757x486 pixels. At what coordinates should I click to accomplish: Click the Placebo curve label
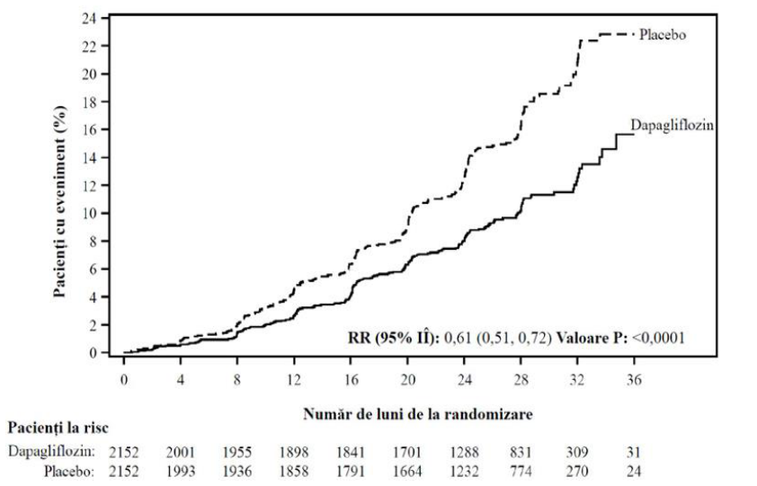click(x=663, y=35)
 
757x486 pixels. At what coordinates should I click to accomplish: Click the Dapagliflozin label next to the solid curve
click(x=672, y=126)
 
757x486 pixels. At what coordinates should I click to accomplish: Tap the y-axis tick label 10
click(x=90, y=213)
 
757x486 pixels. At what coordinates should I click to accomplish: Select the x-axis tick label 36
click(x=634, y=380)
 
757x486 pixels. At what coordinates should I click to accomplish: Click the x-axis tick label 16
click(x=351, y=380)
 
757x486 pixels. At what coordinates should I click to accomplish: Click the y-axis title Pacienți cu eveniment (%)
click(x=60, y=202)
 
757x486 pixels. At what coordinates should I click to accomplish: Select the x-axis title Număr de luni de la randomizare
click(x=418, y=414)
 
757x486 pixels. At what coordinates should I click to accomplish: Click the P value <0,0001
click(x=658, y=338)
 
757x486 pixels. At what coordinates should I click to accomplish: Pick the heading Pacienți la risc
click(x=58, y=428)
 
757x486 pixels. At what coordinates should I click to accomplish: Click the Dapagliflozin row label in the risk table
click(x=51, y=452)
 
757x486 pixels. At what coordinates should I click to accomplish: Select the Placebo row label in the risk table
click(x=69, y=471)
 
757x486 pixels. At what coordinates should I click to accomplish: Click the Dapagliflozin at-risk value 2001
click(x=181, y=452)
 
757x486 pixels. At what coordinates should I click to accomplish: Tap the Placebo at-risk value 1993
click(x=181, y=471)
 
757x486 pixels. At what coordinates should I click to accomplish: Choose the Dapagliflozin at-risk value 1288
click(x=465, y=452)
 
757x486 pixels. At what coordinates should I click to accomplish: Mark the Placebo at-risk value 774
click(x=521, y=471)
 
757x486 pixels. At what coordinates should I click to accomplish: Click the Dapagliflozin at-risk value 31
click(x=634, y=452)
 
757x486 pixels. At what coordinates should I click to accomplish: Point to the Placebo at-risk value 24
click(x=634, y=471)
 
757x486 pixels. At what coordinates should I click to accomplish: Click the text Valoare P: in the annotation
click(x=592, y=338)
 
